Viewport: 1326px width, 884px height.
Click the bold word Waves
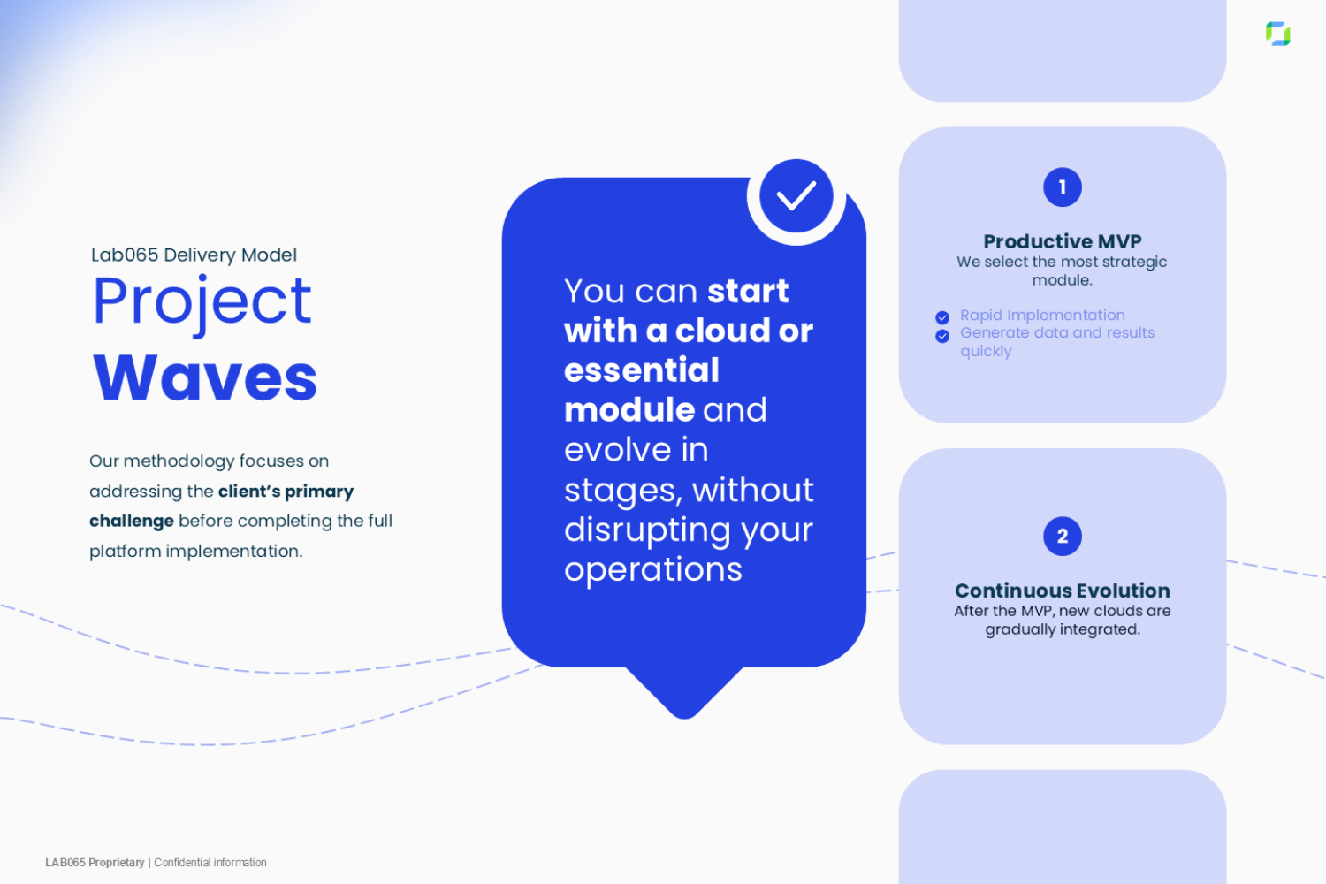pos(205,377)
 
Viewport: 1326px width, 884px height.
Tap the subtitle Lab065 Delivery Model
pos(194,255)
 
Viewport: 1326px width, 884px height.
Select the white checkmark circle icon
pos(796,196)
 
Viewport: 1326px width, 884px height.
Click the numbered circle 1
pos(1062,187)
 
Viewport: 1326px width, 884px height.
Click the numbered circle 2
pos(1062,537)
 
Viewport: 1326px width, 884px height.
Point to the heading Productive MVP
pos(1062,241)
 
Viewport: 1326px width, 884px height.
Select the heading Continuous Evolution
pos(1062,591)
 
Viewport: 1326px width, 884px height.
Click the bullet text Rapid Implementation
pos(1042,316)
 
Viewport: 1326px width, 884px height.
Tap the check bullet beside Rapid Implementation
pos(942,317)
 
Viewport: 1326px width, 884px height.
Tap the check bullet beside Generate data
pos(942,336)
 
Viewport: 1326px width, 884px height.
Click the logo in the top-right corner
pos(1277,34)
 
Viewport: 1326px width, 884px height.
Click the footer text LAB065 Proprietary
pos(95,863)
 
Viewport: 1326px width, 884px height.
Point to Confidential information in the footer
pos(210,863)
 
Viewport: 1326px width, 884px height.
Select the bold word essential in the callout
pos(642,370)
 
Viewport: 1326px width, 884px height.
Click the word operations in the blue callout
pos(653,570)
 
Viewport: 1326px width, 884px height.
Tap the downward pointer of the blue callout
pos(683,694)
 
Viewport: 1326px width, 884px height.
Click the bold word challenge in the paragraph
pos(132,522)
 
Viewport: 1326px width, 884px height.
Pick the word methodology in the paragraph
pos(179,461)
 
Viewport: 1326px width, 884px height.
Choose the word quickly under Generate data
pos(986,352)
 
